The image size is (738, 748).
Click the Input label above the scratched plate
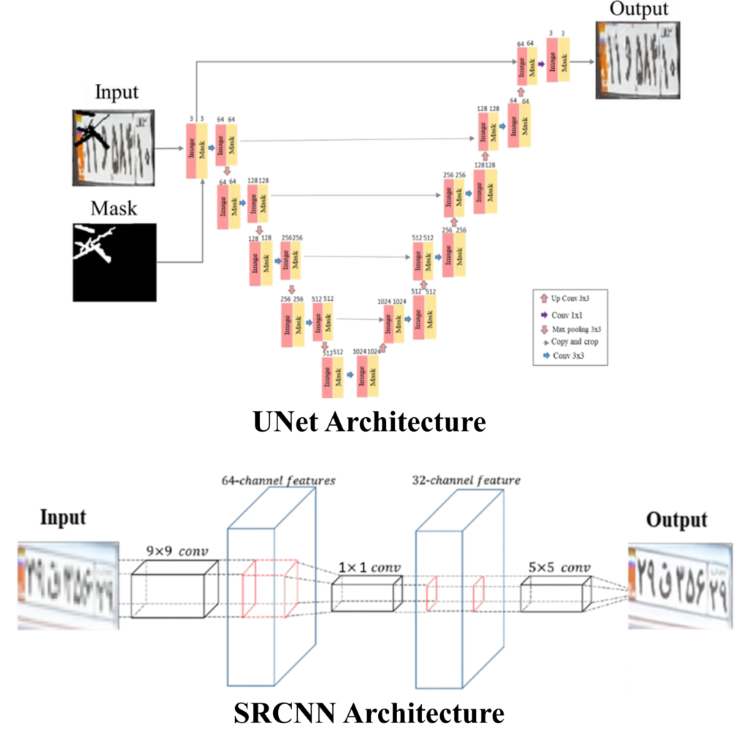tap(117, 93)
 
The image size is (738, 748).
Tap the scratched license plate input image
tap(113, 147)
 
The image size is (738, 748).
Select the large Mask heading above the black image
tap(113, 209)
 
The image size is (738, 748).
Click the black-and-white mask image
tap(115, 262)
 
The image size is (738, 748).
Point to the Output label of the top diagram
tap(639, 9)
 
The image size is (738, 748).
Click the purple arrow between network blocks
tap(542, 64)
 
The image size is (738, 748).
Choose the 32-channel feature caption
tap(465, 480)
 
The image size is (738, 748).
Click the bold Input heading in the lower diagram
tap(62, 517)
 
